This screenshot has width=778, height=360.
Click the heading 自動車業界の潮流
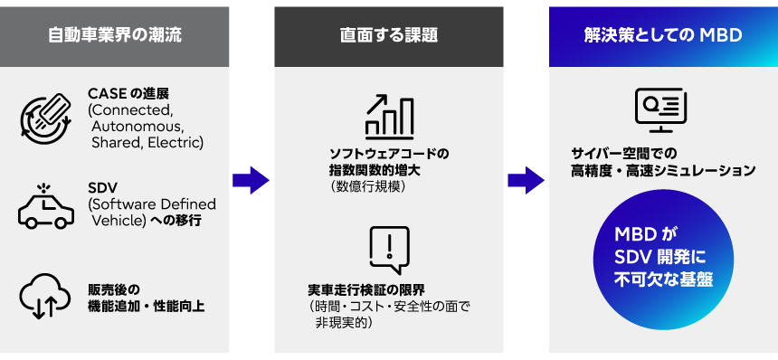(115, 36)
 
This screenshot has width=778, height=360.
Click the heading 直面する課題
(388, 36)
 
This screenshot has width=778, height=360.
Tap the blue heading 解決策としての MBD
(663, 36)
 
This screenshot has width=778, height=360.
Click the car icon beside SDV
(46, 205)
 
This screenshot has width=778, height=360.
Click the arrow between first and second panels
(251, 180)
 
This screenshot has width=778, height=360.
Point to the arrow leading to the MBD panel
(526, 180)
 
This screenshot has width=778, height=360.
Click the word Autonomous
(137, 127)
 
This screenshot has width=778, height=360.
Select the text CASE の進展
(128, 94)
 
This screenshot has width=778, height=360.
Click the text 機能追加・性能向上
(147, 306)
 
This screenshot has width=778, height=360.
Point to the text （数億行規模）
(367, 186)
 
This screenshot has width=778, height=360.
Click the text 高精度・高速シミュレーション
(663, 170)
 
